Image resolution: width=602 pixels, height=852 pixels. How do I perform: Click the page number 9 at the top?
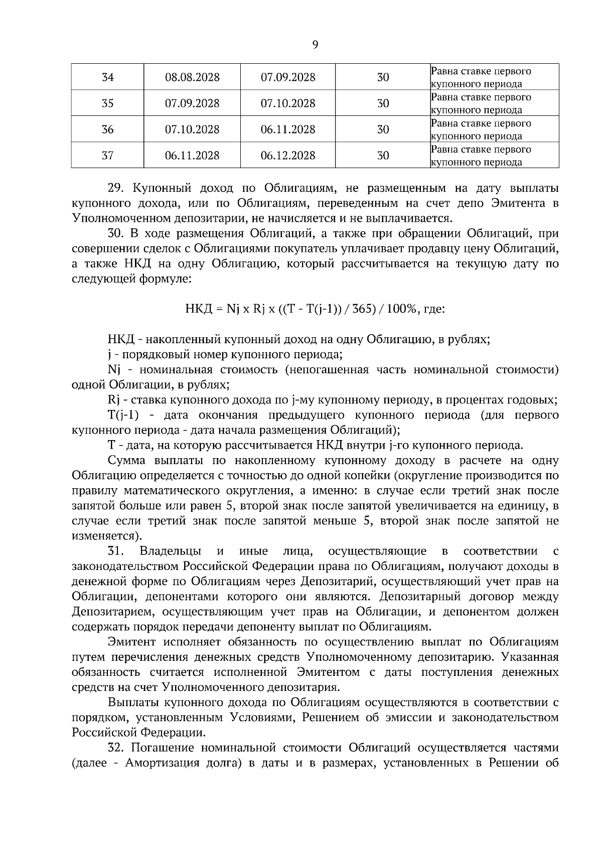click(x=315, y=45)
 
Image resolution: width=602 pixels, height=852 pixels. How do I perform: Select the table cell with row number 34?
click(x=107, y=77)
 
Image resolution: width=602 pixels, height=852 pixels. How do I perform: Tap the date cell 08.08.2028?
click(x=192, y=77)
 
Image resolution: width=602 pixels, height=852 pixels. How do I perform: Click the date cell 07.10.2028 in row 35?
click(x=288, y=103)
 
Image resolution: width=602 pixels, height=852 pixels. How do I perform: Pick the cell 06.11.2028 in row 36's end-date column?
click(x=288, y=129)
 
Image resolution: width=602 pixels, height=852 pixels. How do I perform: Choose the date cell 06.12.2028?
click(x=288, y=156)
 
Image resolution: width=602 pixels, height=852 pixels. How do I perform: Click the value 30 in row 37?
click(x=383, y=156)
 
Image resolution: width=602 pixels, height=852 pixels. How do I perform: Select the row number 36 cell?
click(x=107, y=129)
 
